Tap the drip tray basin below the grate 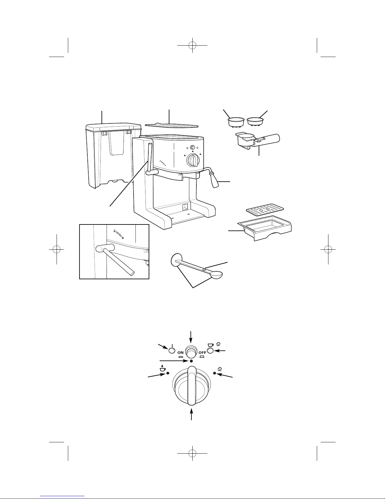coord(266,228)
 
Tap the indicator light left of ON coord(172,350)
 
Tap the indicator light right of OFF coord(210,351)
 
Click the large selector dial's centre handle coord(191,385)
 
